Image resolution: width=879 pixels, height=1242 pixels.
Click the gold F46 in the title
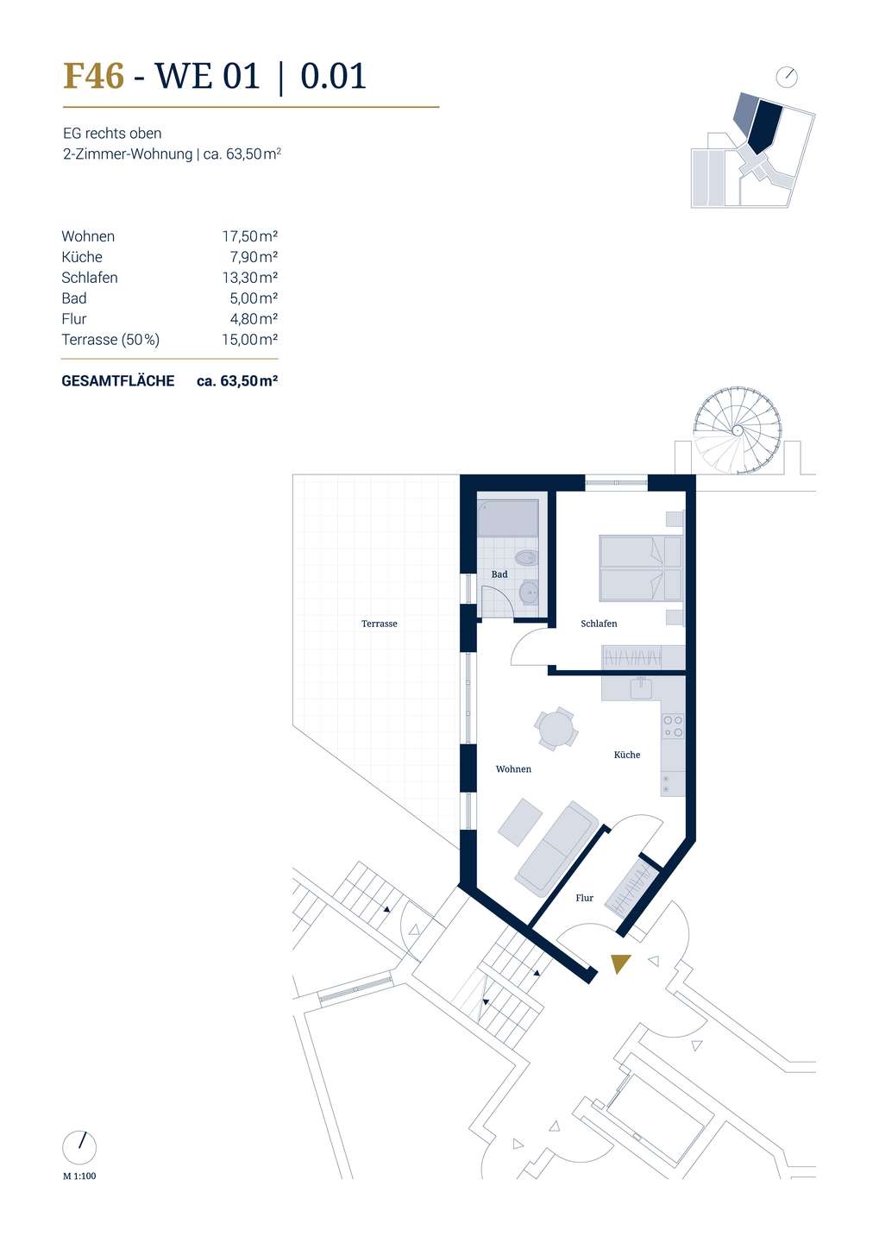click(93, 76)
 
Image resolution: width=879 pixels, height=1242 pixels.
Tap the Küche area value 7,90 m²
click(254, 257)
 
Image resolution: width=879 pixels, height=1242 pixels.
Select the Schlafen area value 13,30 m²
click(249, 277)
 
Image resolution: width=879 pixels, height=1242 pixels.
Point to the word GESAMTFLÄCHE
click(118, 381)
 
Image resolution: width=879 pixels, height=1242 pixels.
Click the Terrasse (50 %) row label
click(110, 339)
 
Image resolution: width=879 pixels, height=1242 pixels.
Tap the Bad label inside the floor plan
click(499, 574)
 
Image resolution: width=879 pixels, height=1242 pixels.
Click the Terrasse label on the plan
click(380, 624)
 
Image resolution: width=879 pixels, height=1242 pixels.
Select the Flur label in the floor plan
click(585, 898)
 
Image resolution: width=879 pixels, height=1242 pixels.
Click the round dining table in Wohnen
click(556, 729)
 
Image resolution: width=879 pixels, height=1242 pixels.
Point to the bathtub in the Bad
click(508, 518)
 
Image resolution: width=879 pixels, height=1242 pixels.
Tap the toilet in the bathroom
click(525, 557)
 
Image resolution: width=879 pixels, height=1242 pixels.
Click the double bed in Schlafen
click(641, 568)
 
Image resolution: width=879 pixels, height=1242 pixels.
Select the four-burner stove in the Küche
click(673, 726)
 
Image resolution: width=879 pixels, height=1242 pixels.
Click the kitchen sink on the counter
click(642, 687)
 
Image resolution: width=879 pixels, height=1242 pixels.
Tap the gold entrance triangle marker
click(620, 963)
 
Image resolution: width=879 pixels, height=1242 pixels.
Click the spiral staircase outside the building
click(738, 431)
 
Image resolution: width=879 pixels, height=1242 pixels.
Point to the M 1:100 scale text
click(79, 1176)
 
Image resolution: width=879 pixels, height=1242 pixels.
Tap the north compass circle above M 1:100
click(79, 1148)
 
